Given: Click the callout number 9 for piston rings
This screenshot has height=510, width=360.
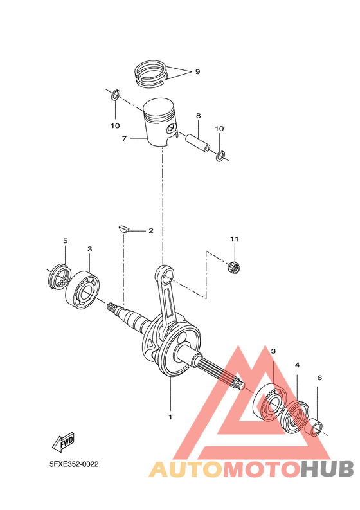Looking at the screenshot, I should point(197,72).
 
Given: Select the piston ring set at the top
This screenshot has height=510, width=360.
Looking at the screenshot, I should point(153,70).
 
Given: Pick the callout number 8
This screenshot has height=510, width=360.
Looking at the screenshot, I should point(198,116).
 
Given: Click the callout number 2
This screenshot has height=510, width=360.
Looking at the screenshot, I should point(150,230).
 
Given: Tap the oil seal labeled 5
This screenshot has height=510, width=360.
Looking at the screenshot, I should point(59,273).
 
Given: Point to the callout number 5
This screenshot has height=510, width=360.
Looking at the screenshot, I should point(65,241).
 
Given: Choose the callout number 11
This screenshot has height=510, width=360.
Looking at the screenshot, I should point(235,239).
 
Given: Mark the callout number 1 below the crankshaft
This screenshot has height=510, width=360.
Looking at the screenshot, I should point(170,417).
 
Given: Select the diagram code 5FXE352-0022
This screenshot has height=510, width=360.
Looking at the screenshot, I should point(75,463).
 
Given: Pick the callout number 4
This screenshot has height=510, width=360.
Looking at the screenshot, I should point(297,365).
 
